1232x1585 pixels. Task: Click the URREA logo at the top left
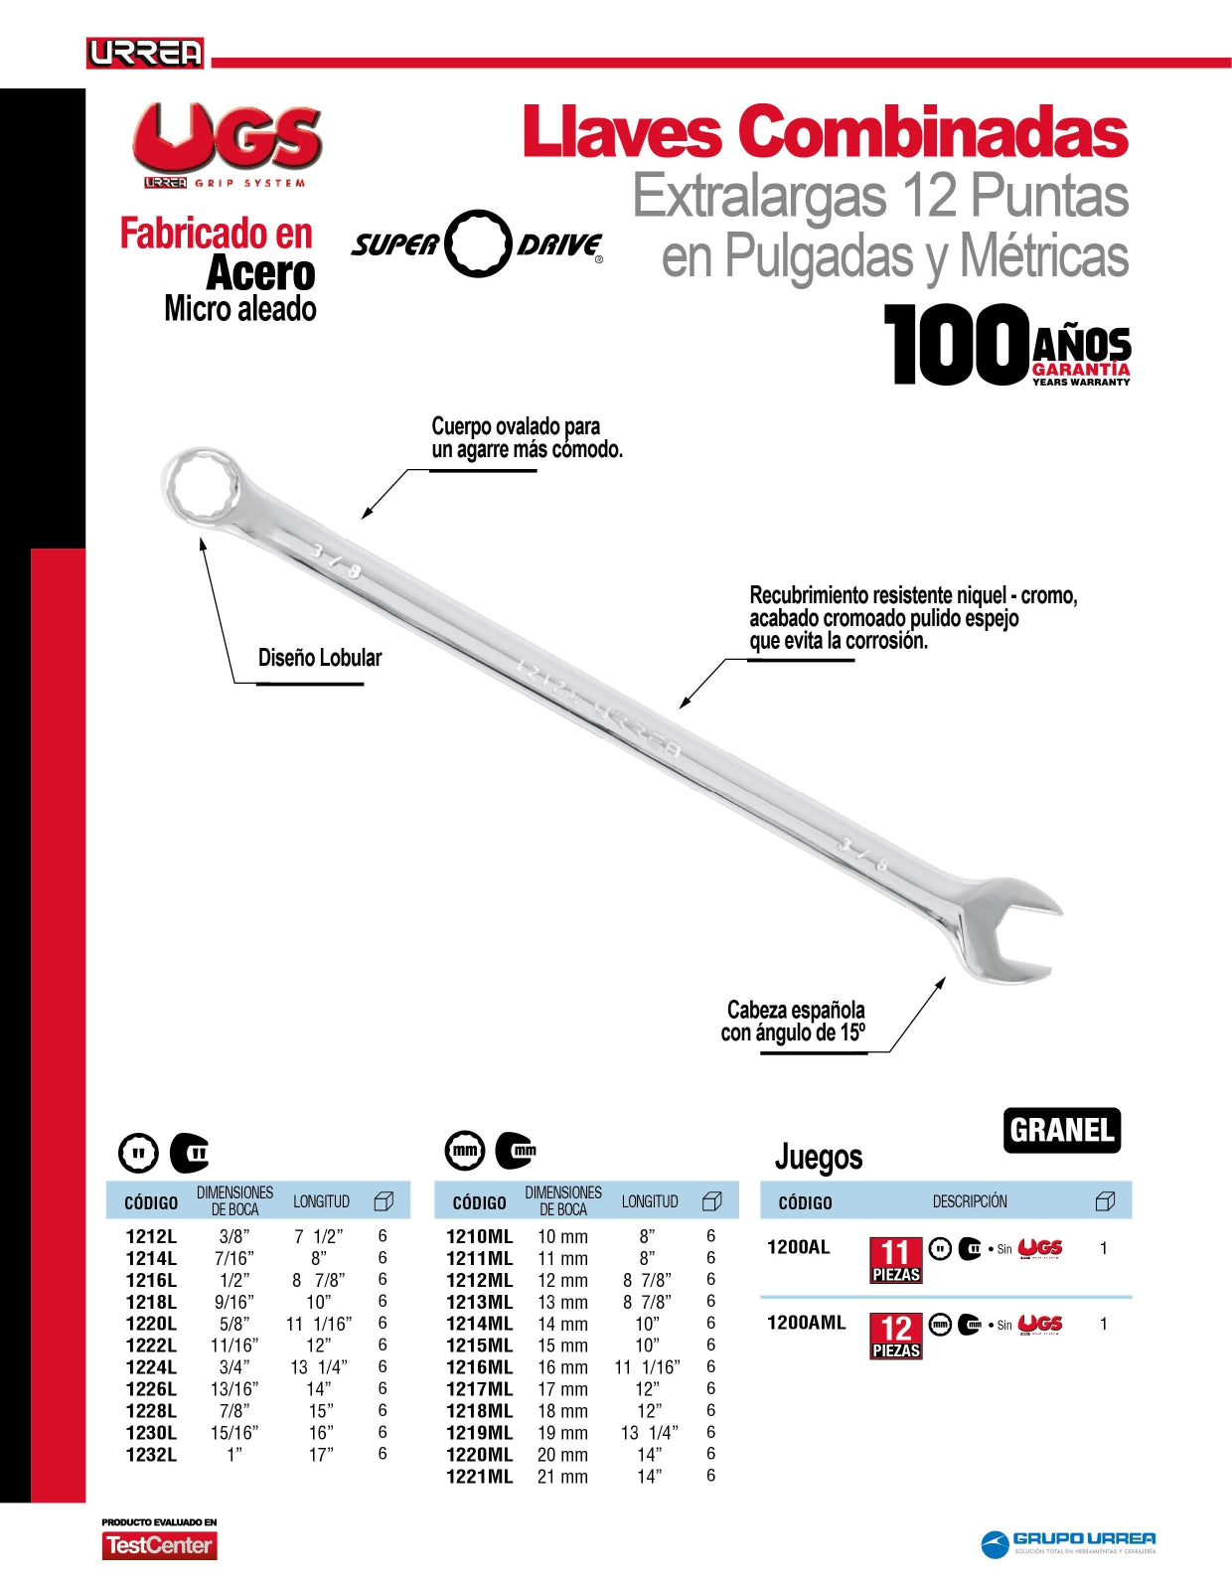[x=145, y=53]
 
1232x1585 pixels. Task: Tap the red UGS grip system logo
[x=228, y=144]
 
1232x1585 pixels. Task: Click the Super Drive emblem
[x=478, y=243]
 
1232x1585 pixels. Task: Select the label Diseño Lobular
[x=319, y=658]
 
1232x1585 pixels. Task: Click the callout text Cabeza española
[x=795, y=1011]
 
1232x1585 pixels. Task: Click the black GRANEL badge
[x=1061, y=1130]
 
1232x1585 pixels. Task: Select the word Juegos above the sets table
[x=818, y=1157]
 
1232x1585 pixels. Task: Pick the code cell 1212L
[x=151, y=1237]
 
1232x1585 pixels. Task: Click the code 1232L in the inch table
[x=151, y=1455]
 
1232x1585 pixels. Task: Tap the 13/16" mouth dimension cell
[x=234, y=1389]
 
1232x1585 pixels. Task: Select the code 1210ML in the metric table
[x=479, y=1237]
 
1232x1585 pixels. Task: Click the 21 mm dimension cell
[x=562, y=1477]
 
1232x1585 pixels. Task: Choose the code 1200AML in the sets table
[x=806, y=1323]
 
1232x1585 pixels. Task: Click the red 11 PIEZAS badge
[x=895, y=1260]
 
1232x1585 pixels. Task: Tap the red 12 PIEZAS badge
[x=895, y=1336]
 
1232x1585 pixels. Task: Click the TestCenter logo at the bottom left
[x=159, y=1545]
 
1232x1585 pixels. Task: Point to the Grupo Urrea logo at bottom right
[x=1068, y=1543]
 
